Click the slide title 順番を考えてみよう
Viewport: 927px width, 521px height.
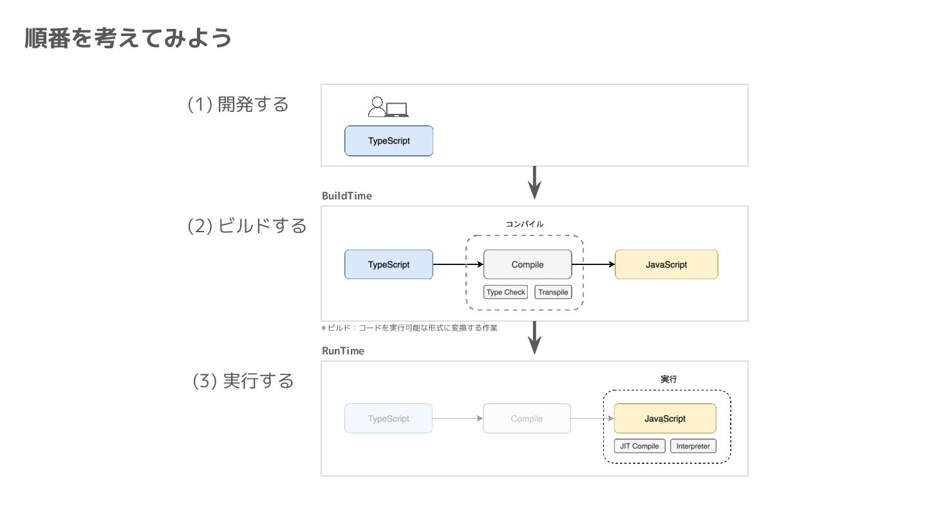pos(128,38)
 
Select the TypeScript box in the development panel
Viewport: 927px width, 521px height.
pos(389,141)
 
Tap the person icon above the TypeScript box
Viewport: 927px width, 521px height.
pos(377,106)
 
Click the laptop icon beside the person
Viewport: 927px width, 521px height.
pos(397,109)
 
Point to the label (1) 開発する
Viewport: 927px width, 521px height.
pos(238,104)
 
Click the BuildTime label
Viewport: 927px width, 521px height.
pos(347,196)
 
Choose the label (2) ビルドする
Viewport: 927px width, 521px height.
pos(247,226)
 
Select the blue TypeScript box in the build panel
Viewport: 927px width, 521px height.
pos(389,264)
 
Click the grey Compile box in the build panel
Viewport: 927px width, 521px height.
pos(528,264)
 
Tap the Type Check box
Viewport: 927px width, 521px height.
pos(506,292)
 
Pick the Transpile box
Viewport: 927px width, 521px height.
pos(554,292)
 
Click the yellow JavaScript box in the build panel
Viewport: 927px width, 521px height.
pos(666,264)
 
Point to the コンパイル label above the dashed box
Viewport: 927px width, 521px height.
pos(524,224)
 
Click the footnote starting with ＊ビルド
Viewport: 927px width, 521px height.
pos(409,328)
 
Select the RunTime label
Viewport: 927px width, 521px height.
pos(343,351)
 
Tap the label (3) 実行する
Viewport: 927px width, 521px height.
pos(243,381)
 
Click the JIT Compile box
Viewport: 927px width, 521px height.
pos(639,446)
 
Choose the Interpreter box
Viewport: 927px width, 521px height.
pos(693,446)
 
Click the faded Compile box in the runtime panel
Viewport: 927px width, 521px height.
pos(527,419)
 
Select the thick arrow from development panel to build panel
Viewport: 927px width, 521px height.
pos(535,183)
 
